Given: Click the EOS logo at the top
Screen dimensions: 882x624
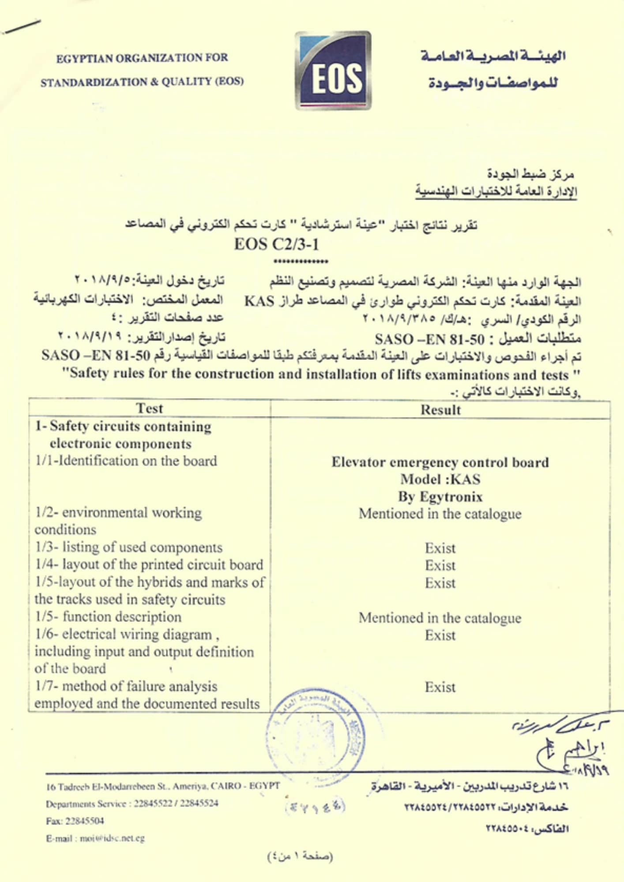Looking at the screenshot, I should pos(334,71).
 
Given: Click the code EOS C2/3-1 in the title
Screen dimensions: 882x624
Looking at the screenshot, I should pos(277,244).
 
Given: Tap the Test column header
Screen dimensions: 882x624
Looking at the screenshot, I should pos(150,408).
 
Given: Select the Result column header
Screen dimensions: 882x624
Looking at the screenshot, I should pos(440,410).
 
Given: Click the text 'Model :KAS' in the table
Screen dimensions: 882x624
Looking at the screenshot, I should pos(440,479).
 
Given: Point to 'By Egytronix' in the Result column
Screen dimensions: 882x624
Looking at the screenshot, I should pos(440,497).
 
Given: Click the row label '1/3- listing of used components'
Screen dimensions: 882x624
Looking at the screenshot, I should pos(129,547).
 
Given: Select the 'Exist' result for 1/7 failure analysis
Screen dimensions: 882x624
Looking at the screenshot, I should pos(440,687).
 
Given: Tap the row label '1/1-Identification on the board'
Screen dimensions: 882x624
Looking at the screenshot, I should pos(126,461).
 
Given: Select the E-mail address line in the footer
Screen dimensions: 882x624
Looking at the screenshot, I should pos(95,838).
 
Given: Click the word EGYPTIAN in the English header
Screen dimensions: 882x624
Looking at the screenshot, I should pos(83,58).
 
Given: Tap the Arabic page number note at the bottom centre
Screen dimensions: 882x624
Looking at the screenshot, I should pos(300,856).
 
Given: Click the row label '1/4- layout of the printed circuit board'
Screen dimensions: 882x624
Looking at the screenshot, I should pos(149,565).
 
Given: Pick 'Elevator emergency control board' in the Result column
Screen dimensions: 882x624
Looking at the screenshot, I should pos(440,462).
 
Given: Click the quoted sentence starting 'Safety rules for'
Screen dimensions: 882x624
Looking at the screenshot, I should pos(320,374).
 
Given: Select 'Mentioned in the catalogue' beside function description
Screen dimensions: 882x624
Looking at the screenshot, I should pos(440,618).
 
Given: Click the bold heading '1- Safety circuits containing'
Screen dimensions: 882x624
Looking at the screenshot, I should pos(124,427).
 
